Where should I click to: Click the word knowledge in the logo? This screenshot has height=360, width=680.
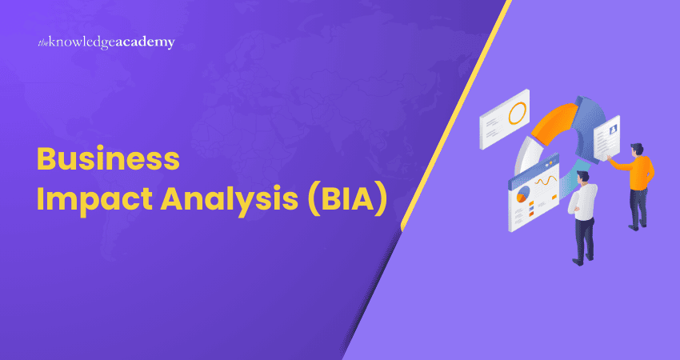coord(86,42)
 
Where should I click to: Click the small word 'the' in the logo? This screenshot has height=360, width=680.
coord(43,42)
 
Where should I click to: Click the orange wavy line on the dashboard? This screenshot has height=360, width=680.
coord(546,181)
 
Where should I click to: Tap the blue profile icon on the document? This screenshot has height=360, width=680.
coord(614,127)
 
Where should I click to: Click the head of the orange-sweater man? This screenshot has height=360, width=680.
coord(635,150)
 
